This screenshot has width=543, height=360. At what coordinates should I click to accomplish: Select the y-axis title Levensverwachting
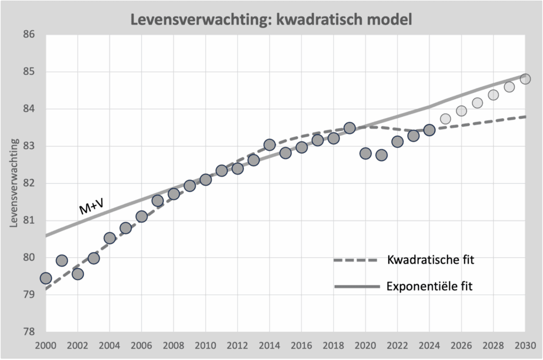pyautogui.click(x=14, y=183)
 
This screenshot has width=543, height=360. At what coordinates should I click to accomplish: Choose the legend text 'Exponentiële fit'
pyautogui.click(x=430, y=287)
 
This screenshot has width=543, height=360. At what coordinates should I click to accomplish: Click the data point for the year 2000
pyautogui.click(x=46, y=278)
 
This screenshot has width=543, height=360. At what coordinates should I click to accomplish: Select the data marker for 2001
pyautogui.click(x=62, y=260)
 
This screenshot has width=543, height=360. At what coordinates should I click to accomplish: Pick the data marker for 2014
pyautogui.click(x=269, y=145)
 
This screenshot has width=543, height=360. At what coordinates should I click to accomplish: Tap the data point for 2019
pyautogui.click(x=349, y=128)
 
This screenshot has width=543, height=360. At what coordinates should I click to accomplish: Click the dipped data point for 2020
pyautogui.click(x=365, y=153)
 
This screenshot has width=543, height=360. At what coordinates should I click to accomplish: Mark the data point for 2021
pyautogui.click(x=381, y=155)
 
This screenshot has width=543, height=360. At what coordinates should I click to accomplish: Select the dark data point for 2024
pyautogui.click(x=430, y=130)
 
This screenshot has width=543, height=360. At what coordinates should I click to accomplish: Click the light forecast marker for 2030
pyautogui.click(x=526, y=79)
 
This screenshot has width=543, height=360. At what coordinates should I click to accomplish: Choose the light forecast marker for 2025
pyautogui.click(x=445, y=119)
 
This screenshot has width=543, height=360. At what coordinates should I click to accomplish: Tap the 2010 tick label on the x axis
pyautogui.click(x=205, y=346)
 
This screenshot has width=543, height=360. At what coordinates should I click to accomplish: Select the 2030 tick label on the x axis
pyautogui.click(x=524, y=346)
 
